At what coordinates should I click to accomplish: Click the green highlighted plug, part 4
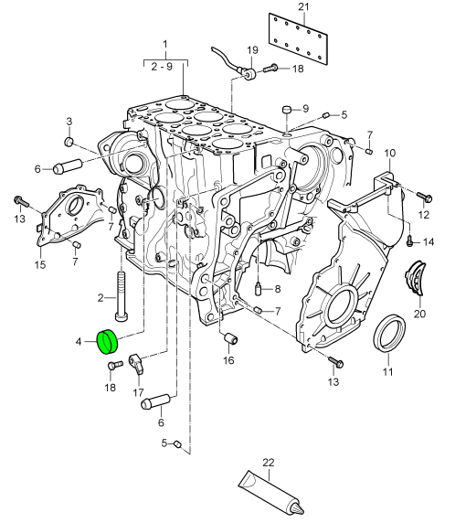(x=107, y=342)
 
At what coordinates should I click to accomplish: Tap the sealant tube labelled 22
(x=270, y=493)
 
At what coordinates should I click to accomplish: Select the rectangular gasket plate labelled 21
(x=299, y=39)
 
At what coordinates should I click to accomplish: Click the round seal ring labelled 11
(x=389, y=333)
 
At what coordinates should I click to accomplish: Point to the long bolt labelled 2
(x=122, y=296)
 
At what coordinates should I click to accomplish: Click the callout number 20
(x=419, y=314)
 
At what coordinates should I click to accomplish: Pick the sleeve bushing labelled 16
(x=230, y=338)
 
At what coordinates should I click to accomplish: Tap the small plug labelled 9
(x=287, y=110)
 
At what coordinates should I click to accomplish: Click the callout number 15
(x=39, y=265)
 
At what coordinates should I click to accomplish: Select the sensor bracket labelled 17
(x=137, y=364)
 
